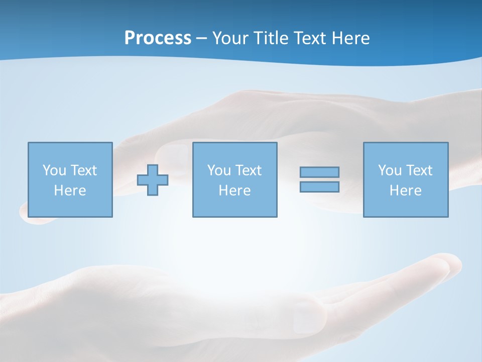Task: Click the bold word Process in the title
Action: click(158, 38)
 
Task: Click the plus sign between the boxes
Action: click(153, 179)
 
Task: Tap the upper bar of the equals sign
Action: click(319, 172)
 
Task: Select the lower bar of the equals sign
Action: click(319, 187)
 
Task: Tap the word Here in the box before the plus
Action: click(70, 191)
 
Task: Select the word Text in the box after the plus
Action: click(249, 170)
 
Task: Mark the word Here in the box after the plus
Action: click(234, 191)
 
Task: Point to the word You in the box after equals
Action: click(390, 170)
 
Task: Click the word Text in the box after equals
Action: click(419, 170)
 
